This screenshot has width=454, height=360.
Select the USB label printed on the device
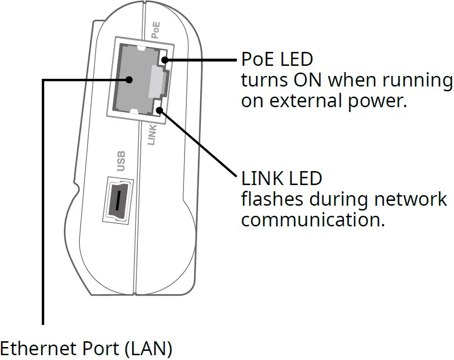pos(121,161)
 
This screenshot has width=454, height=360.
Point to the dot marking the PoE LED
pos(164,61)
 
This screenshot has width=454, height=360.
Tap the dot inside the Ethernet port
pos(129,80)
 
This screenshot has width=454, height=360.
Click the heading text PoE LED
pos(276,60)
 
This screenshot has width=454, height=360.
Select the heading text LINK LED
pos(281,179)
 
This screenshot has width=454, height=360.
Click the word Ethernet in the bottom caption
pos(35,348)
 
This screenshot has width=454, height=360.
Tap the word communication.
pos(313,220)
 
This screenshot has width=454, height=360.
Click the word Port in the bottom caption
pos(98,348)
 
